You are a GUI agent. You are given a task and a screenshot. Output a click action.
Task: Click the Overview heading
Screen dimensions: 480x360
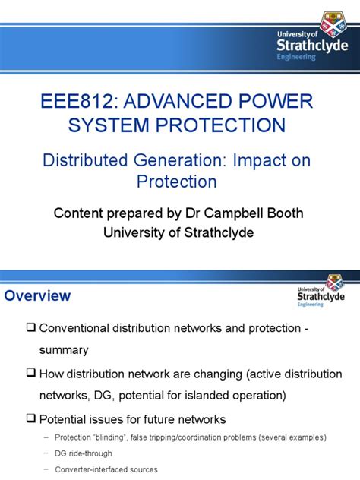(x=38, y=295)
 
